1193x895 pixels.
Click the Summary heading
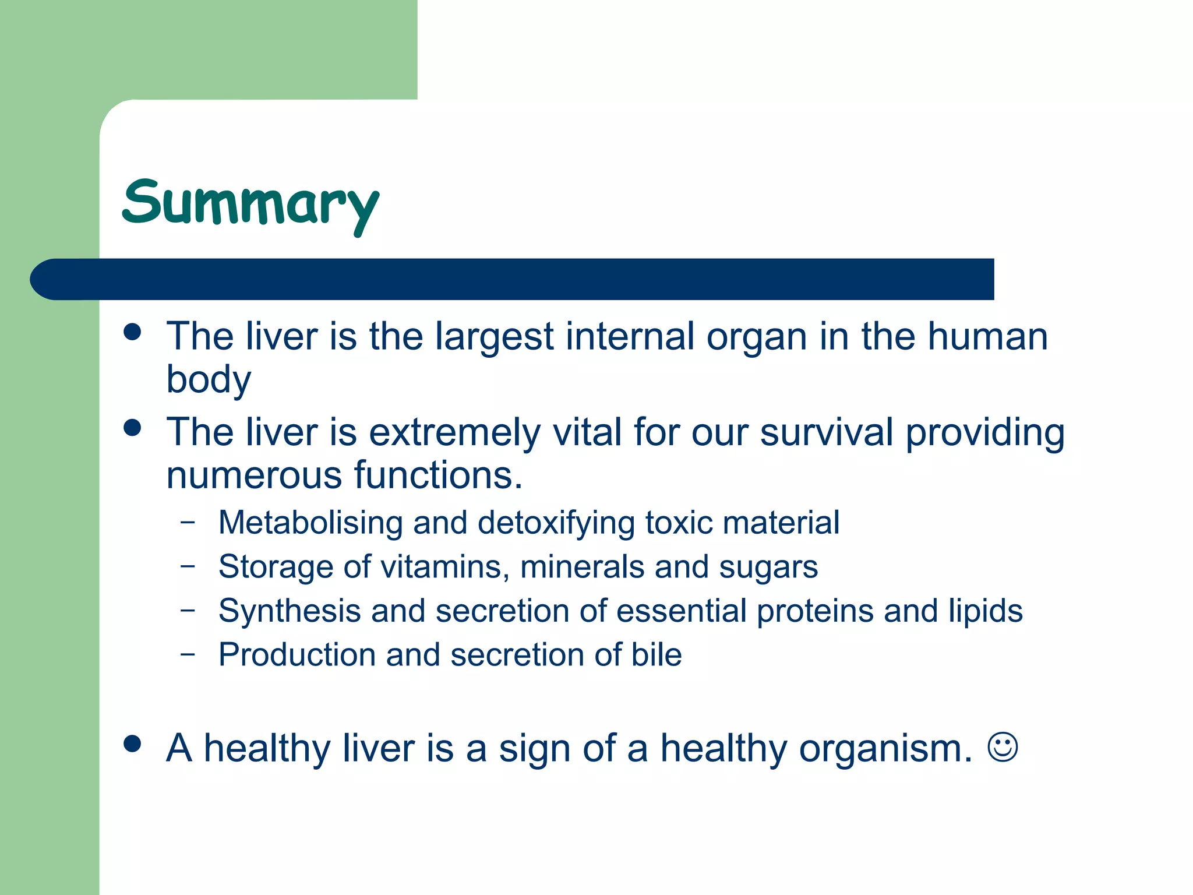(250, 204)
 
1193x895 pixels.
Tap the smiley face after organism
(1003, 747)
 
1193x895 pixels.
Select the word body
(209, 380)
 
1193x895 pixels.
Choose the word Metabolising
(310, 523)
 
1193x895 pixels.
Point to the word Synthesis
(290, 611)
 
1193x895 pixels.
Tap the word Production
(297, 655)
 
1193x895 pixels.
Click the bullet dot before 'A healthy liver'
(133, 744)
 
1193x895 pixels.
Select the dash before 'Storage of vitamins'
(188, 565)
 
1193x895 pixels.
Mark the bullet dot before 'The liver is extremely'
(133, 428)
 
